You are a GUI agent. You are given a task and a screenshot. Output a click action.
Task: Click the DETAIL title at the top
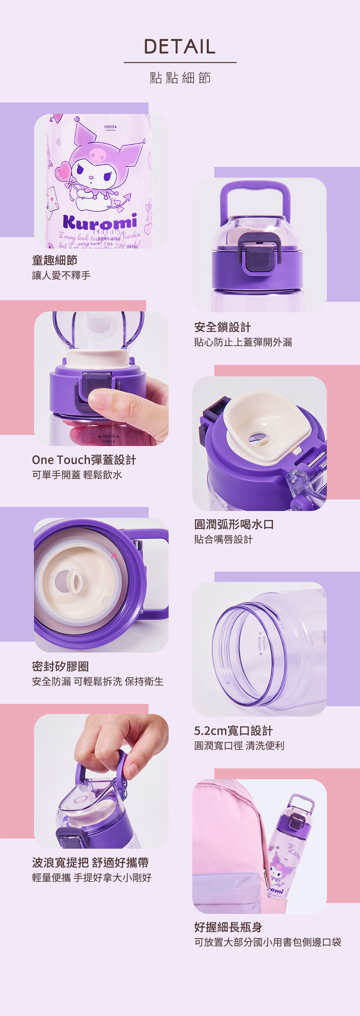(x=180, y=46)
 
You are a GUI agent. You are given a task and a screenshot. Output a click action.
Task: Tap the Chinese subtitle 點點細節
(x=180, y=78)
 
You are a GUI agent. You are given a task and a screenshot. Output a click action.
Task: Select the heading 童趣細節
(x=54, y=260)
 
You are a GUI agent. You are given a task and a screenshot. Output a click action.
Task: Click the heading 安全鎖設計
(x=222, y=327)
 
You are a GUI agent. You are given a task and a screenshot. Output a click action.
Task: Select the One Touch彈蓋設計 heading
(x=84, y=459)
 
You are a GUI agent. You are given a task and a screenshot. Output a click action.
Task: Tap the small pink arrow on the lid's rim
(x=114, y=556)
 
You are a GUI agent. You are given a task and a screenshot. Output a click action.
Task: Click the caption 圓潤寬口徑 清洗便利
(x=239, y=745)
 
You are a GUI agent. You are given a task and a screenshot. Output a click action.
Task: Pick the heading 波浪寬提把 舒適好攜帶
(x=90, y=863)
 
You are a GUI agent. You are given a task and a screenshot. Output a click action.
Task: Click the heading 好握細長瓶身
(x=228, y=927)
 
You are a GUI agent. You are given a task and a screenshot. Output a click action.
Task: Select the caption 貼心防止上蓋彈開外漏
(x=243, y=342)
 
